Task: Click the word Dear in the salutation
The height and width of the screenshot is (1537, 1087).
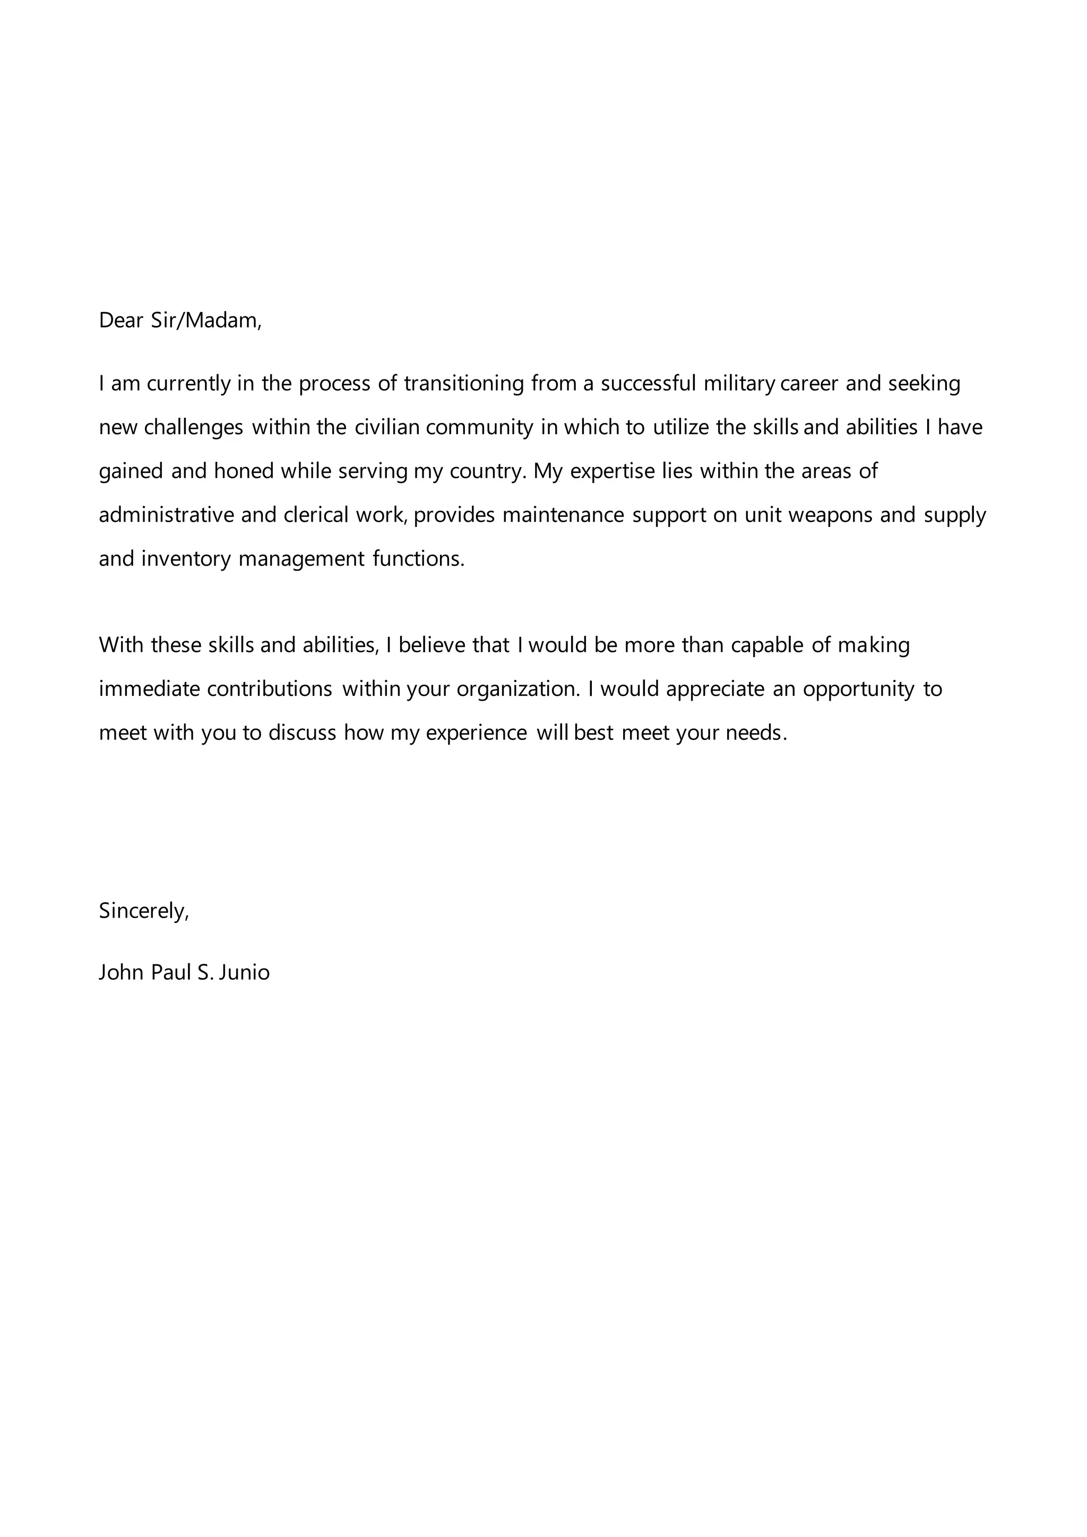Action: [121, 321]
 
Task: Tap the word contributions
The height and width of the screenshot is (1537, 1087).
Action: [270, 689]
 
